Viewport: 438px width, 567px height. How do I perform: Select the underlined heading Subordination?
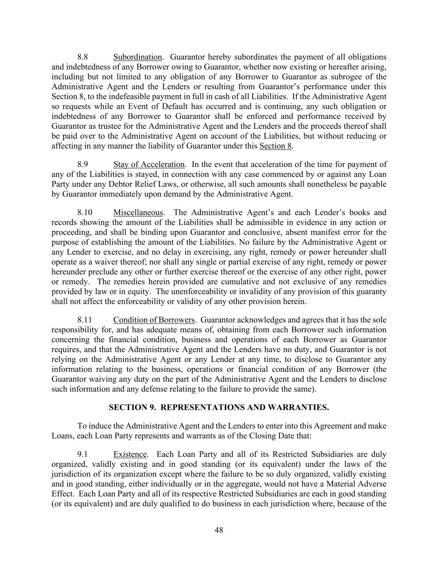pos(137,57)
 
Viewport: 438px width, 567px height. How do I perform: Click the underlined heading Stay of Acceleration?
pos(149,164)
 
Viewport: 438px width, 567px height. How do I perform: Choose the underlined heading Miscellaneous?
pos(138,213)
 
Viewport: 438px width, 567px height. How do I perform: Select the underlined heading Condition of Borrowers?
pos(154,320)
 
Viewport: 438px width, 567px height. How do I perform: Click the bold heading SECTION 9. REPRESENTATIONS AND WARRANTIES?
pos(219,407)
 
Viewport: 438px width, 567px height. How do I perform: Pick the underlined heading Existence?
pos(130,454)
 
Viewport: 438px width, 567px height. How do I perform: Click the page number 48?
pos(219,530)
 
